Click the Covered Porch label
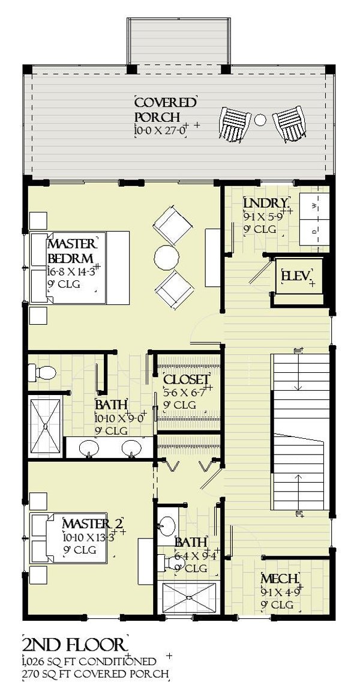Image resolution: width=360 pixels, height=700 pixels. [x=164, y=109]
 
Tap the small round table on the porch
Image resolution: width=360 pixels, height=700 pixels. [x=260, y=120]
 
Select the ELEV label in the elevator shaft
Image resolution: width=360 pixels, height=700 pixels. [x=296, y=276]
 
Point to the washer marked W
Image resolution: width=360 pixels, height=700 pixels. [x=314, y=207]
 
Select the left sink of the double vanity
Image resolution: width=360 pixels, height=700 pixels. [x=89, y=447]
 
